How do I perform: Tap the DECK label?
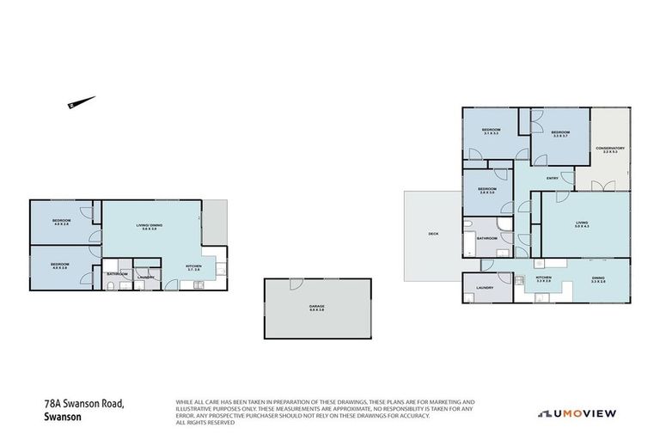(433, 234)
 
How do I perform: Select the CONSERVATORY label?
(609, 149)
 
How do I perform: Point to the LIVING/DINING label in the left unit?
(150, 226)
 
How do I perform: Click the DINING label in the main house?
(598, 278)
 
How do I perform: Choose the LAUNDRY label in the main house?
(485, 288)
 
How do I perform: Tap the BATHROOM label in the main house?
(488, 238)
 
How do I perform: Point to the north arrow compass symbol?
(77, 103)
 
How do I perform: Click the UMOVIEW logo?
(577, 413)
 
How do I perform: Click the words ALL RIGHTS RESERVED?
(205, 423)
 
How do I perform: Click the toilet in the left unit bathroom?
(120, 285)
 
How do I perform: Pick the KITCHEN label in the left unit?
(194, 266)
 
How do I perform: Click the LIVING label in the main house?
(582, 224)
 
